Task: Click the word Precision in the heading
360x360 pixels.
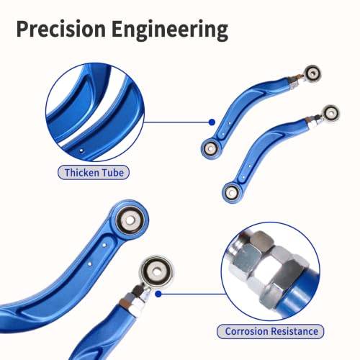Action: (61, 29)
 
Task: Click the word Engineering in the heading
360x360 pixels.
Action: (170, 30)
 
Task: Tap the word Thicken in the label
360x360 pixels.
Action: (81, 173)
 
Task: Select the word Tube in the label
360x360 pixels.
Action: (112, 173)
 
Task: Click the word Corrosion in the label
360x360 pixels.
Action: (247, 331)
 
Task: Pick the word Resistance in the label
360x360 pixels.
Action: (294, 331)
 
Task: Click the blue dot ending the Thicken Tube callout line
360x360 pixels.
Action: (212, 122)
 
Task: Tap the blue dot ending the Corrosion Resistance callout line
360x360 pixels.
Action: (158, 294)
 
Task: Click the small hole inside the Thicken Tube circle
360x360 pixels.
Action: (81, 150)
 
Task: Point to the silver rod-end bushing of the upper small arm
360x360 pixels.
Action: (312, 73)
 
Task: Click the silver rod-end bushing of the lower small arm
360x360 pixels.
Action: (331, 112)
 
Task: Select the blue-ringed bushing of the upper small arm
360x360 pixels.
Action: (211, 148)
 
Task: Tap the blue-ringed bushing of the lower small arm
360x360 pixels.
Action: (231, 192)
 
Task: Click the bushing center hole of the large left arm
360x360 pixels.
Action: (130, 220)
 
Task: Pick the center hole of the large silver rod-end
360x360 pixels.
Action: (156, 271)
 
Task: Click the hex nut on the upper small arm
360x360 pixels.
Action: (294, 83)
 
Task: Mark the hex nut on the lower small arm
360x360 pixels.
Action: (313, 122)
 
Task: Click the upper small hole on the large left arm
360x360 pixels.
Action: (104, 245)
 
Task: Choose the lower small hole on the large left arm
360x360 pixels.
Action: (89, 264)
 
